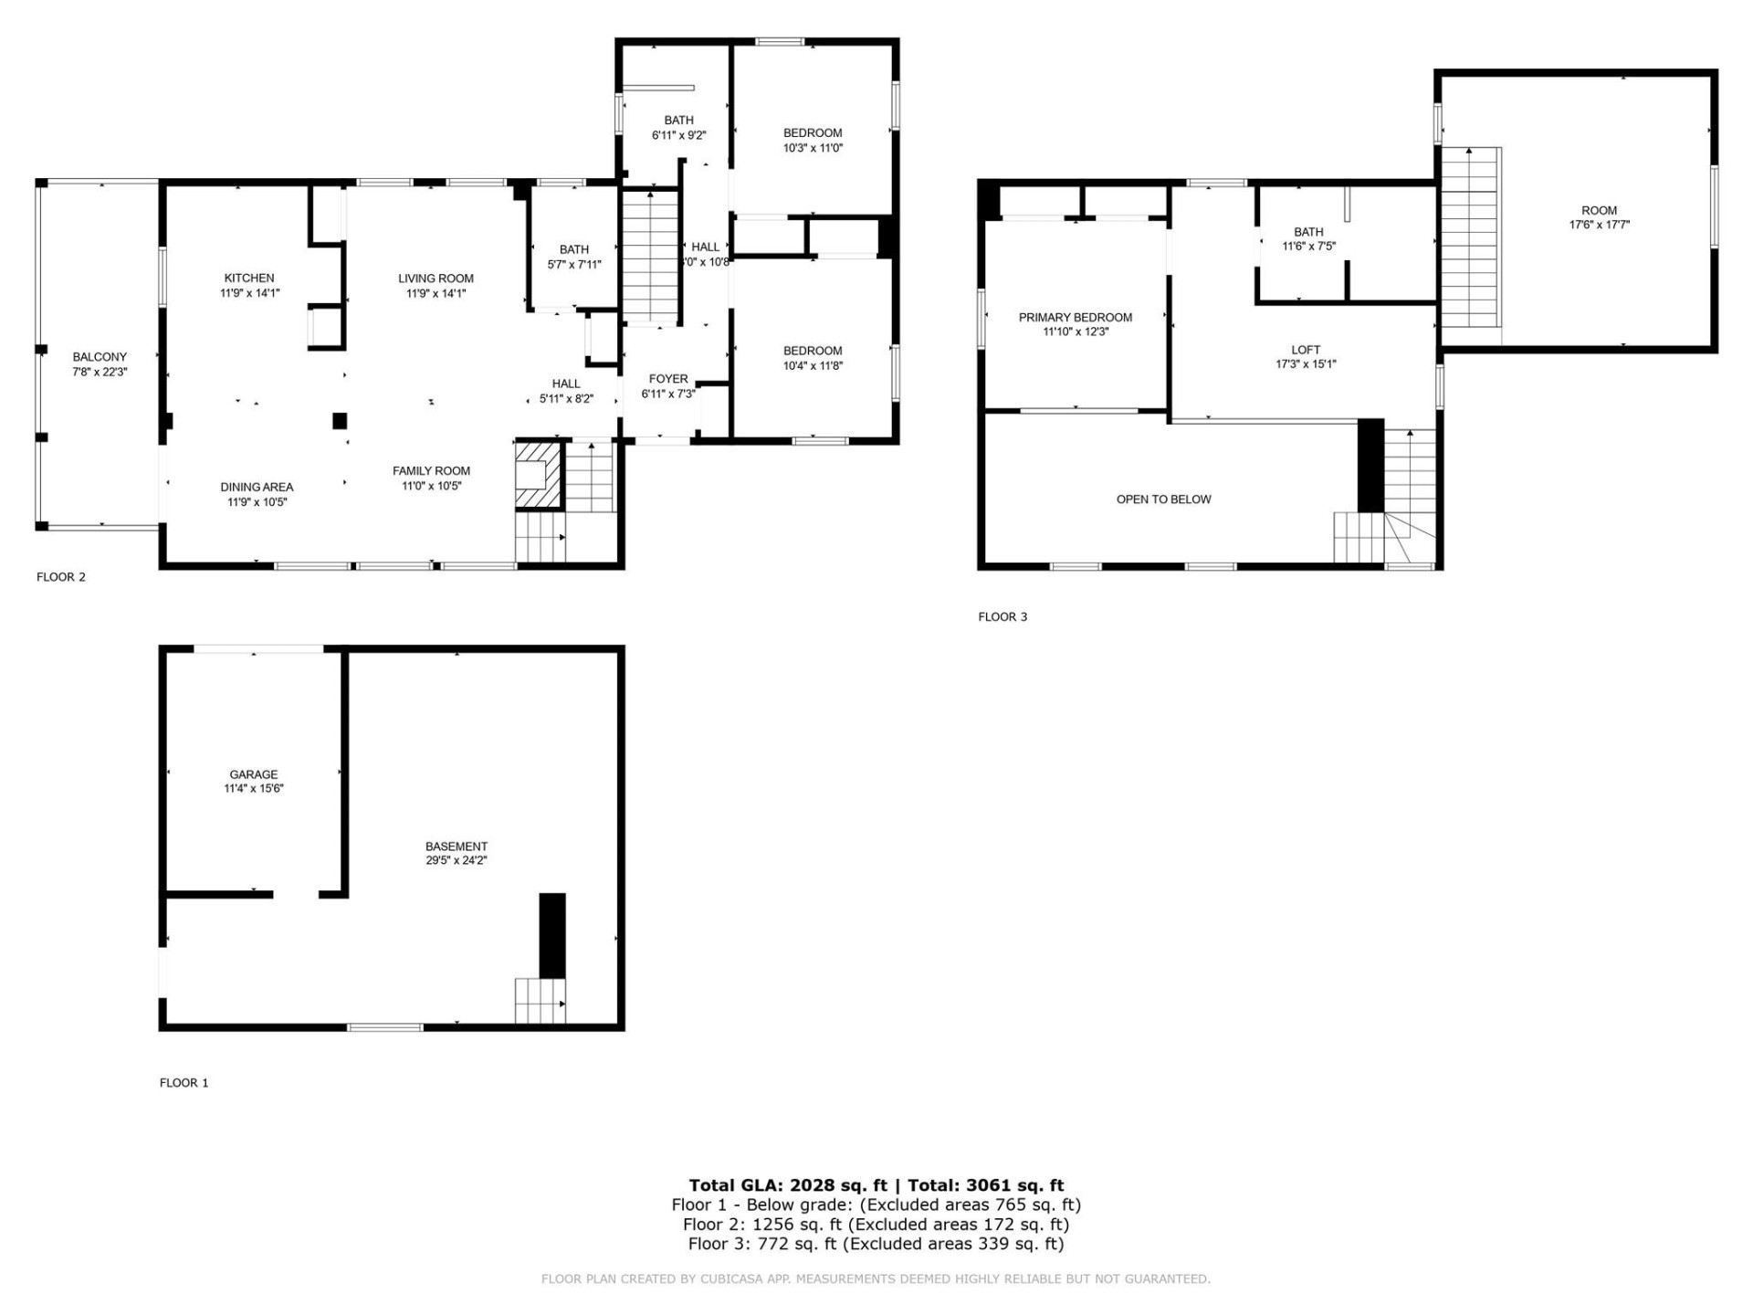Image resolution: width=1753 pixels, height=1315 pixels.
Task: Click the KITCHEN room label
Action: tap(249, 279)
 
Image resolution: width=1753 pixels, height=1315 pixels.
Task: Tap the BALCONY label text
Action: tap(100, 357)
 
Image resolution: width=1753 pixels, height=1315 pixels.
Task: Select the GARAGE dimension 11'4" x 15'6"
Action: tap(254, 789)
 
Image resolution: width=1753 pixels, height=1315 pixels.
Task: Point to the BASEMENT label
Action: tap(457, 847)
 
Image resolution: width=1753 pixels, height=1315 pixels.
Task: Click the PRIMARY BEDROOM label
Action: tap(1076, 318)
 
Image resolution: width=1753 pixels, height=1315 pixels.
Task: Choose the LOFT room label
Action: tap(1306, 350)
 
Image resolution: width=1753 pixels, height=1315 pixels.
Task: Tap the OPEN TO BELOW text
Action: tap(1164, 500)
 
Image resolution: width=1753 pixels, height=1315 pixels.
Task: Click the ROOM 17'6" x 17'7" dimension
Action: tap(1599, 225)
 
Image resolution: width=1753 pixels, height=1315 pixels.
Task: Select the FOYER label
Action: tap(668, 379)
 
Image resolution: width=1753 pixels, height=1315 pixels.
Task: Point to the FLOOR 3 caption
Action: tap(1002, 617)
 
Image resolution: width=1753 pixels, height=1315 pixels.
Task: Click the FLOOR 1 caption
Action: tap(184, 1083)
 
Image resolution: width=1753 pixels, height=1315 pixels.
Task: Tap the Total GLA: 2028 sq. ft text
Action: tap(788, 1185)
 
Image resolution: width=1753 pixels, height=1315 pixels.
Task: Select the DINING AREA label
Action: tap(257, 488)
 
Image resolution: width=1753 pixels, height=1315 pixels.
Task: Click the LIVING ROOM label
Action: tap(436, 279)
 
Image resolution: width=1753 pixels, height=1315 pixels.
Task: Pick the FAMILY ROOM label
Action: tap(431, 471)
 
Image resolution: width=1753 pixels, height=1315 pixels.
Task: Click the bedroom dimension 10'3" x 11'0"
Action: tap(813, 148)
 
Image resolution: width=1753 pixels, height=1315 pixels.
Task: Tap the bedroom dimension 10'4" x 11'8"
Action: tap(813, 366)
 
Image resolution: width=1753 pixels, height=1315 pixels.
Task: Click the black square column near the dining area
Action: tap(340, 421)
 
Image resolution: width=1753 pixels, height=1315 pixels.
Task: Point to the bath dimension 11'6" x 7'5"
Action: tap(1308, 247)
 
